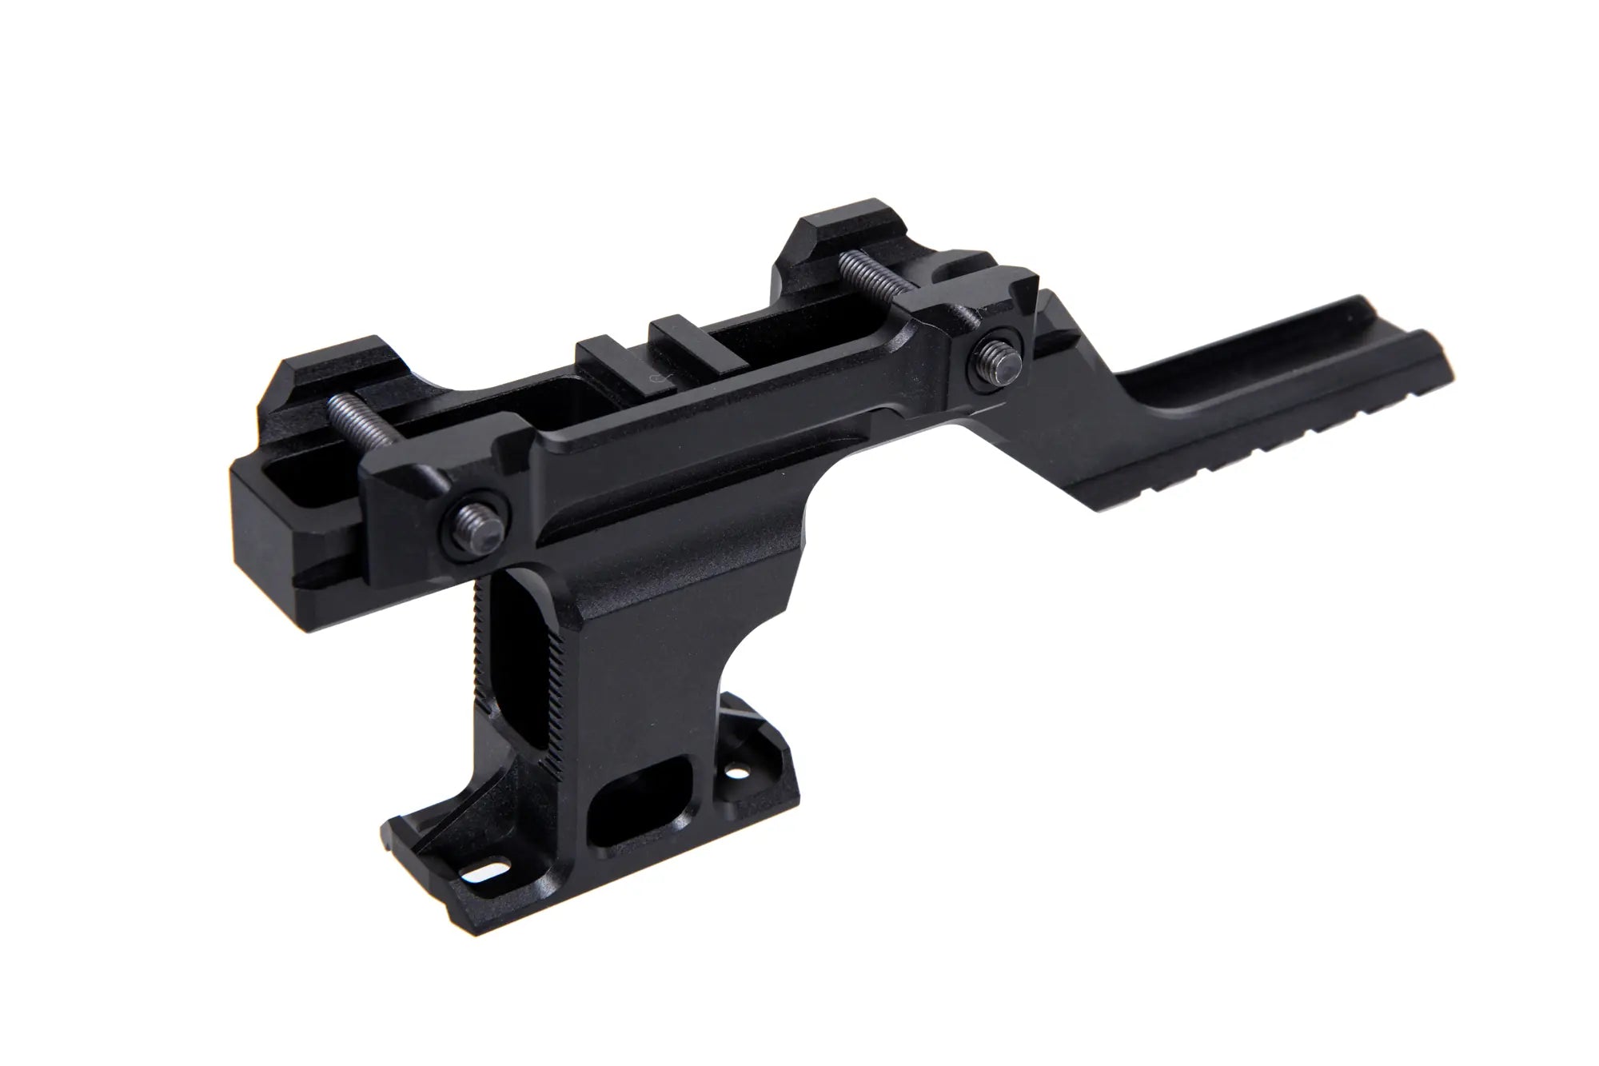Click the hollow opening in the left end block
(284, 489)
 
